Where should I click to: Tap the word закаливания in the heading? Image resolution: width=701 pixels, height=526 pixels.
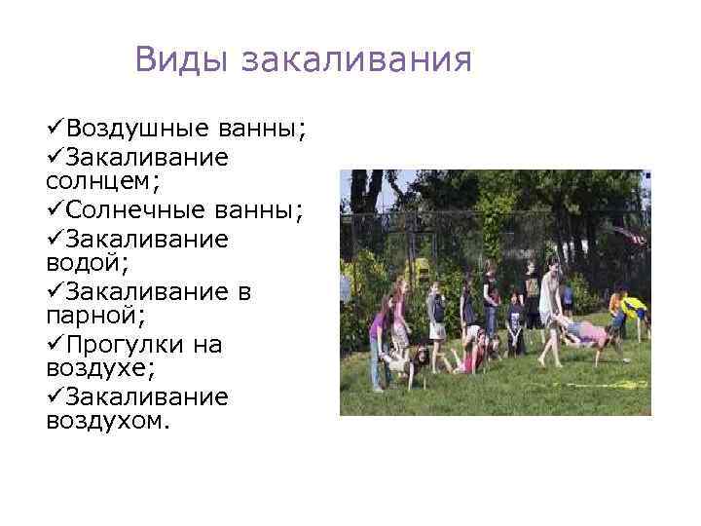(356, 61)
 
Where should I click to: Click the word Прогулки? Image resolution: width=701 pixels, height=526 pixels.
(127, 345)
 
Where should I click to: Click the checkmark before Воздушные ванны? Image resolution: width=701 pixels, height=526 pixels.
(55, 130)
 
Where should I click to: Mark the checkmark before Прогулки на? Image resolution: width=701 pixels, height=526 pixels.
(55, 345)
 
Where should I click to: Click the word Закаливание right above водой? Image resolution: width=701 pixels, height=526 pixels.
(147, 239)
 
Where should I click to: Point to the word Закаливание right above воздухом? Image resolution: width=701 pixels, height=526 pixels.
(147, 398)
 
